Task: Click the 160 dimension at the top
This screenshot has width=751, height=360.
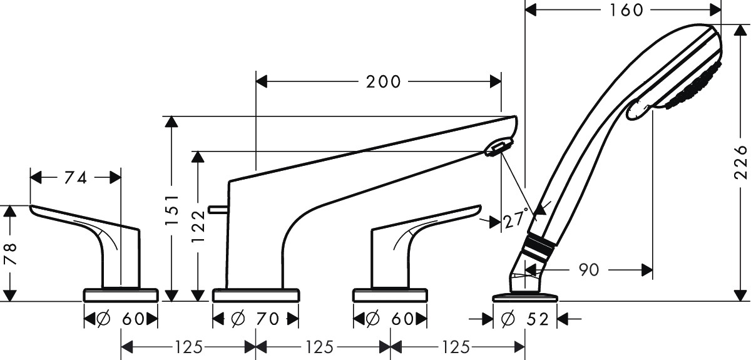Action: (626, 11)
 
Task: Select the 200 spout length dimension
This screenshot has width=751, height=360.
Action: (383, 82)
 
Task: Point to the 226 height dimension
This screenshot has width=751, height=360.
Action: (740, 162)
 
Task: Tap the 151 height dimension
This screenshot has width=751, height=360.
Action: (172, 210)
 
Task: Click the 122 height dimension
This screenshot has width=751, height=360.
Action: (198, 227)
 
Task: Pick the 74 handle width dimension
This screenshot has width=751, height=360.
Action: (76, 178)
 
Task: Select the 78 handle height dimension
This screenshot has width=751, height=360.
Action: (10, 254)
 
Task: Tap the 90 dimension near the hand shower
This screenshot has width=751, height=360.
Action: (589, 270)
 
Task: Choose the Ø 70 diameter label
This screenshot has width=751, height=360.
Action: (255, 319)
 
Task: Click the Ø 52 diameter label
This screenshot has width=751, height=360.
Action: (524, 319)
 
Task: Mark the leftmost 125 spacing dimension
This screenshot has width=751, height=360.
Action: (189, 347)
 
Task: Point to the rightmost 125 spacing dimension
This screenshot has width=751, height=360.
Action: (456, 347)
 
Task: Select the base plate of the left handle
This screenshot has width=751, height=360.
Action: (121, 294)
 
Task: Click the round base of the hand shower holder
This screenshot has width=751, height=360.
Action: (525, 297)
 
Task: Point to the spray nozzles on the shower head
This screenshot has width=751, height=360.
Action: (691, 87)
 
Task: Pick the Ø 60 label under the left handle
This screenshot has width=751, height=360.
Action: (121, 319)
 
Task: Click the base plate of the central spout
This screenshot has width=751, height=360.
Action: (256, 294)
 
